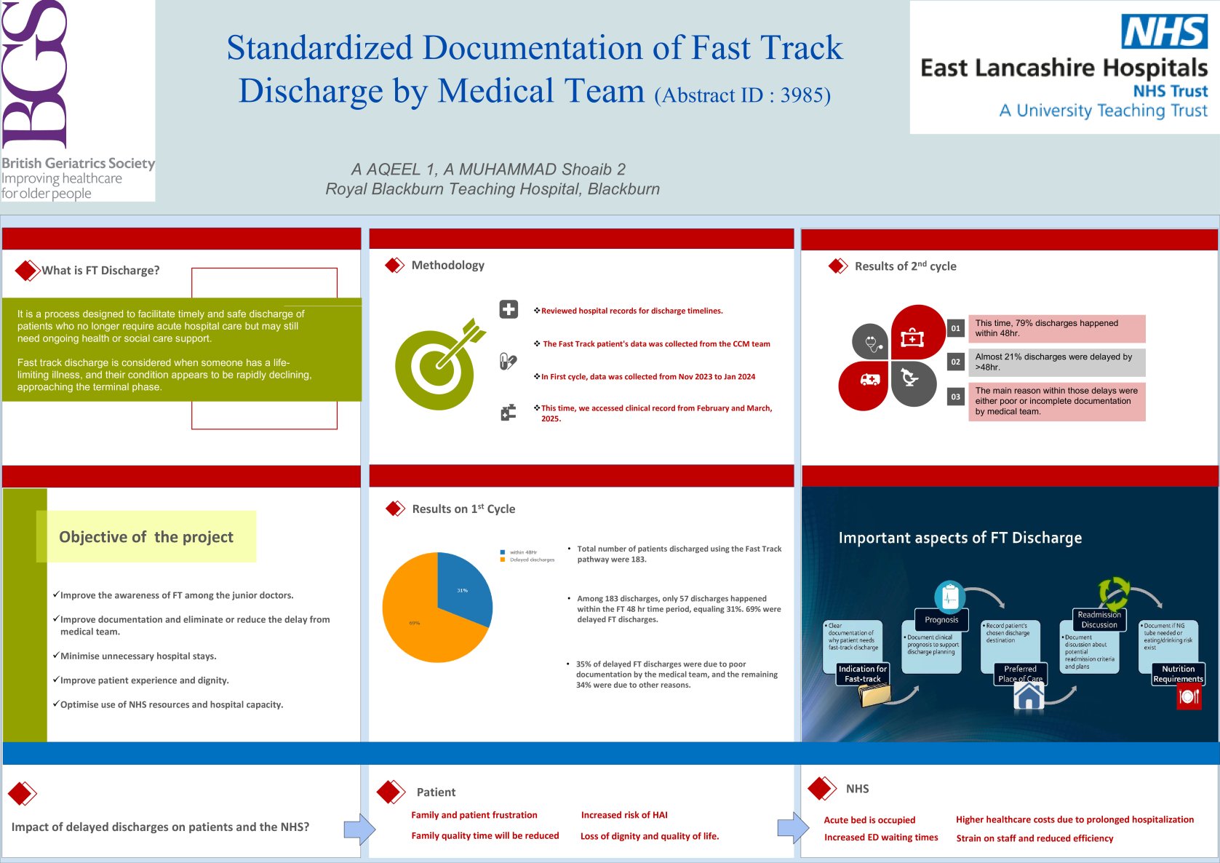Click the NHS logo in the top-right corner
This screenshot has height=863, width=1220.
[x=1164, y=32]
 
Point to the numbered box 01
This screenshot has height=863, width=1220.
[x=955, y=328]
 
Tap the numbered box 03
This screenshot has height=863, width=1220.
[x=955, y=397]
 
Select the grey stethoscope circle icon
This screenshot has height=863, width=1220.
[x=871, y=341]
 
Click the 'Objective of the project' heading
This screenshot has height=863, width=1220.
[x=146, y=537]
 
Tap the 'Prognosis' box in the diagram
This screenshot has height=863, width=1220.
[x=941, y=620]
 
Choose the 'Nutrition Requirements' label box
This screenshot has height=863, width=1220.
[x=1178, y=674]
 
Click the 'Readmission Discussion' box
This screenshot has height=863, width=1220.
[x=1099, y=619]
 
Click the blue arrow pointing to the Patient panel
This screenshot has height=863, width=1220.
[x=359, y=829]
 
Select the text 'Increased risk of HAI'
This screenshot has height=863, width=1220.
[x=623, y=815]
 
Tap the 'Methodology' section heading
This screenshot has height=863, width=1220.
[x=447, y=266]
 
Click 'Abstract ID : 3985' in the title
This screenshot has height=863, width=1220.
[x=742, y=95]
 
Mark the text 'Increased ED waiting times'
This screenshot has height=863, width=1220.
[x=880, y=838]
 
